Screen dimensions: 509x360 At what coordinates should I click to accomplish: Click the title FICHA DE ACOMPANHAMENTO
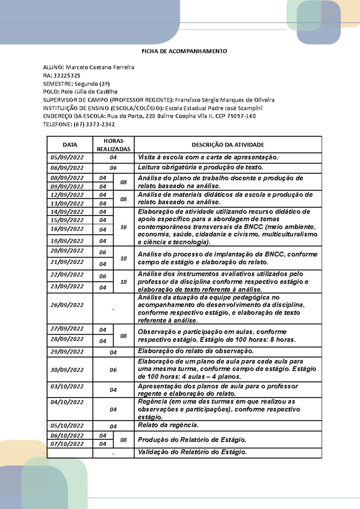[x=184, y=51]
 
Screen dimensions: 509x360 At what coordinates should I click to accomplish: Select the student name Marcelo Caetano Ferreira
[x=100, y=67]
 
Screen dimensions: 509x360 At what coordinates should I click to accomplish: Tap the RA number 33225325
[x=67, y=76]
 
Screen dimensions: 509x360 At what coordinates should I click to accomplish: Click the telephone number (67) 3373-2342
[x=94, y=124]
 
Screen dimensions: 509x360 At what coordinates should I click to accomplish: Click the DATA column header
[x=70, y=145]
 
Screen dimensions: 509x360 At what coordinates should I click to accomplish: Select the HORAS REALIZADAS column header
[x=113, y=145]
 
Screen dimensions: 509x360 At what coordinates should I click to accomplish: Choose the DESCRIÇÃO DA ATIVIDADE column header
[x=228, y=145]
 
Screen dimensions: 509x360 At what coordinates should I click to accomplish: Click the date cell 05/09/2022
[x=67, y=157]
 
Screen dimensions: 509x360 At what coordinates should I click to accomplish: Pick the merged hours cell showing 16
[x=124, y=227]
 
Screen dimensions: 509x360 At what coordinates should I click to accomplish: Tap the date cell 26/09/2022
[x=67, y=305]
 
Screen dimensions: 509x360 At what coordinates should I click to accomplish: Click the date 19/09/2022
[x=67, y=241]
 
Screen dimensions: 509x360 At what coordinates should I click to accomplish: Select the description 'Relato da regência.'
[x=168, y=425]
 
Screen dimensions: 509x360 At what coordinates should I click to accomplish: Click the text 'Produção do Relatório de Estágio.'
[x=192, y=440]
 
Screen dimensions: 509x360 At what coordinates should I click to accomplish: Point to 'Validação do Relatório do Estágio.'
[x=192, y=452]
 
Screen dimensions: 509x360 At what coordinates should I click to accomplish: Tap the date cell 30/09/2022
[x=67, y=370]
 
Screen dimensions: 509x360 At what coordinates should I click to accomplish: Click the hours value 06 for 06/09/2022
[x=113, y=168]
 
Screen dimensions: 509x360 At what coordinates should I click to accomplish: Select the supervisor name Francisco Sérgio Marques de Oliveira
[x=225, y=100]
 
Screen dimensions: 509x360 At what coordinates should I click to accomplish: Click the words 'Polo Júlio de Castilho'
[x=89, y=92]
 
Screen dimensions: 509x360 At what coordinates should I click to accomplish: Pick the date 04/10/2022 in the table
[x=67, y=402]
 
